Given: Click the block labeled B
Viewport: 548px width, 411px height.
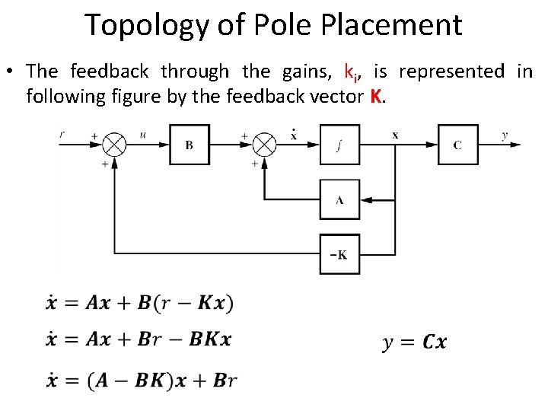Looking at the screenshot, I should tap(188, 145).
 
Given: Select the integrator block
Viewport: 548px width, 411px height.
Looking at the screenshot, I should tap(339, 145).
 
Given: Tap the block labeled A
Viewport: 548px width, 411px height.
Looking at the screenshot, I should tap(339, 200).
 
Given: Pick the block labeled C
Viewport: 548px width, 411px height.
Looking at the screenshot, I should tap(457, 145).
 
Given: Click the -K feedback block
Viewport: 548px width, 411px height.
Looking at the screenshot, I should tap(339, 254).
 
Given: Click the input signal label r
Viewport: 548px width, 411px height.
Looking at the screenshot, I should tap(62, 135).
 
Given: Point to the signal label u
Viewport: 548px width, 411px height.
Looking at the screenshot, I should tap(143, 135).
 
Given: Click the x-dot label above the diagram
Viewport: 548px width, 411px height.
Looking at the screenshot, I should tap(294, 135).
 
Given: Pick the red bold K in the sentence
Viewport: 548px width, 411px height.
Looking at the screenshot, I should tap(374, 97).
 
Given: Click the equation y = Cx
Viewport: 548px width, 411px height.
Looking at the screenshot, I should tap(414, 342).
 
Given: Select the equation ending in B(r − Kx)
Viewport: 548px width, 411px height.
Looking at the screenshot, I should tap(139, 303).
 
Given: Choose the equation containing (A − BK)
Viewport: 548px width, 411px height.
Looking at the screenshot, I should tap(141, 381).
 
